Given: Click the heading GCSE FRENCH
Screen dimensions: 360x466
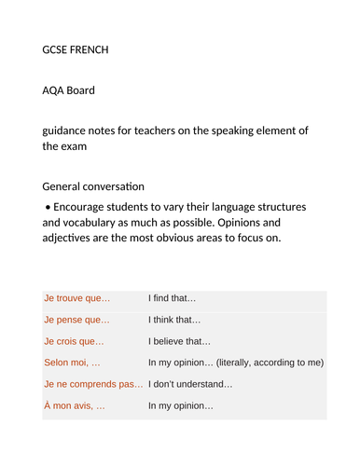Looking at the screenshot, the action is (x=76, y=49).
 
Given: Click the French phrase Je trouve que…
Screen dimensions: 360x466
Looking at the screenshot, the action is (x=76, y=298).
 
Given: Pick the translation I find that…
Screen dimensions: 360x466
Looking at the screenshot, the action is (x=173, y=298).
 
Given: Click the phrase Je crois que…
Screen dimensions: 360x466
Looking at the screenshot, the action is (x=74, y=341).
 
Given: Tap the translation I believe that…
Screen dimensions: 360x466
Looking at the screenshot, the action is (x=180, y=341).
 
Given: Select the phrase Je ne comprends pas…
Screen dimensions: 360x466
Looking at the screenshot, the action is (x=93, y=384).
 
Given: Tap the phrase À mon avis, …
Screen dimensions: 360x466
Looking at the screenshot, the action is (x=74, y=405).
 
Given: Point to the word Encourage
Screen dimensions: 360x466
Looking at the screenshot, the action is (x=84, y=206).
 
